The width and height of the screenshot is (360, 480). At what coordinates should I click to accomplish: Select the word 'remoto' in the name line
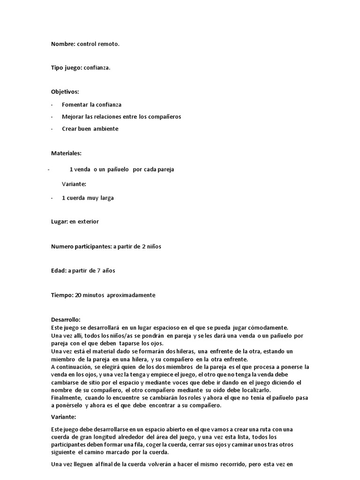coord(108,44)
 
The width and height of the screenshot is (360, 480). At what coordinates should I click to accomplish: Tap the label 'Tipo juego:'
coord(67,68)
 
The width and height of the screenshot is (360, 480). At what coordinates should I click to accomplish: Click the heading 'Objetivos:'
coord(65,91)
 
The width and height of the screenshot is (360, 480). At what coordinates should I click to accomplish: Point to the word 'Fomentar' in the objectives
coord(75,105)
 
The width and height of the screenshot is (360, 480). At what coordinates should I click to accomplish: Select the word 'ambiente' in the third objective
coord(105,129)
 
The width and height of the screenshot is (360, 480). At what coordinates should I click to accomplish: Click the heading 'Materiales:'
coord(66,153)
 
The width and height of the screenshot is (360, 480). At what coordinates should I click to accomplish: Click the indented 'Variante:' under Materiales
coord(74,184)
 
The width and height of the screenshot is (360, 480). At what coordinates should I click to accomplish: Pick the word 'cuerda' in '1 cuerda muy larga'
coord(75,198)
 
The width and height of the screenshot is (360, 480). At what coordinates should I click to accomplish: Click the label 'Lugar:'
coord(60,222)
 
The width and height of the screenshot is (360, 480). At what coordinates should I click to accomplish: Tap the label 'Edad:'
coord(59,270)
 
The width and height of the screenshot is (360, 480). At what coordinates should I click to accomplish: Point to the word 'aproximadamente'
coord(131,295)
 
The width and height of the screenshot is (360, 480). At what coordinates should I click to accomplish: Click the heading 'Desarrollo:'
coord(66,319)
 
